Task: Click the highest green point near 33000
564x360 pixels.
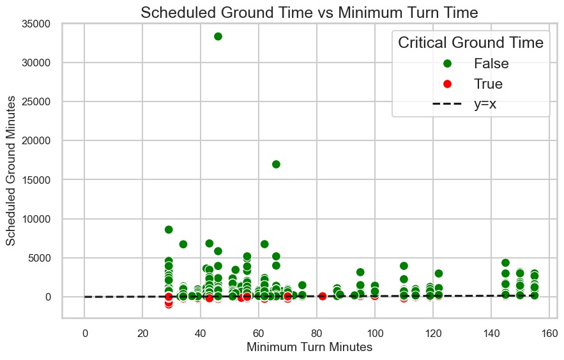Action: [218, 36]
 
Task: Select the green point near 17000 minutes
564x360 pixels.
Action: [276, 164]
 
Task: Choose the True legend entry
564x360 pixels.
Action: [488, 84]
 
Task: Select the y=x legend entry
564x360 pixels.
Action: [485, 104]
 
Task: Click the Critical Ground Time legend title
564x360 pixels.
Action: [471, 43]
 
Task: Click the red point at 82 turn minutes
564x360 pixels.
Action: [323, 296]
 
